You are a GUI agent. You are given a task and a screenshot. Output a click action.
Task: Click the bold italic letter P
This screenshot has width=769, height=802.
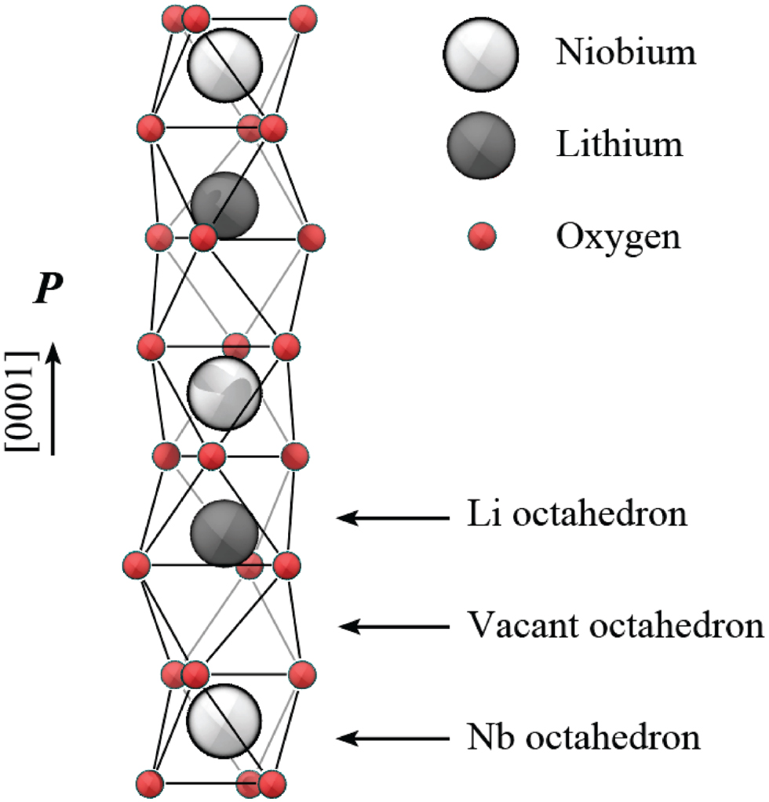(x=45, y=291)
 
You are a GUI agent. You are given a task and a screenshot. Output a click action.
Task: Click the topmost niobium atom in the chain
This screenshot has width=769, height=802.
(x=225, y=64)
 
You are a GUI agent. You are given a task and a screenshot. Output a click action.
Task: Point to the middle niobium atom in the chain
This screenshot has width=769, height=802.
(x=225, y=393)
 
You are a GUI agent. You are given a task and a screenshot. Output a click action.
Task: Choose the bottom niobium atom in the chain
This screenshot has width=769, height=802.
(x=225, y=721)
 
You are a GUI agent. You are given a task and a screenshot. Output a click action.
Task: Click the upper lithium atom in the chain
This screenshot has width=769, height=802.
(x=224, y=205)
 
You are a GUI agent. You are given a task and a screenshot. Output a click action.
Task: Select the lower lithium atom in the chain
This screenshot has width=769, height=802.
(x=224, y=533)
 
